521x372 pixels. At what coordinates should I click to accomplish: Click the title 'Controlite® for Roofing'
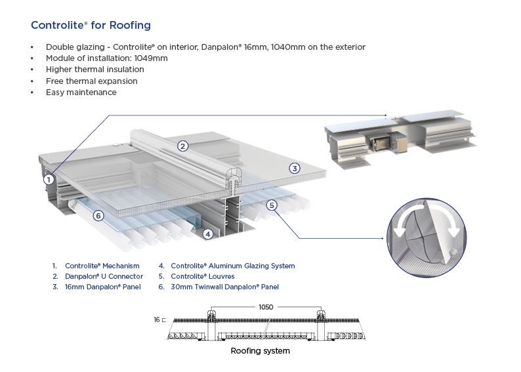click(x=91, y=26)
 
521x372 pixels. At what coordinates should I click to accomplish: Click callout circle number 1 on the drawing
click(x=48, y=178)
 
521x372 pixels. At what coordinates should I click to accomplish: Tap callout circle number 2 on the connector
click(x=183, y=146)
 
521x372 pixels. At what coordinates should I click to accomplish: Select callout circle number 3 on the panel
click(x=295, y=169)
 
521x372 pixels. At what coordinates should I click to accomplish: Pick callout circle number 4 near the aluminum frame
click(x=207, y=233)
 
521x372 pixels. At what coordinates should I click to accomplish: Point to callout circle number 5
click(x=272, y=205)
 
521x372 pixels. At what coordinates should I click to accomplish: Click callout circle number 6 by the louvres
click(x=98, y=215)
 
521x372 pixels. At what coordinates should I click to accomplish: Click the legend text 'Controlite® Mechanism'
click(x=102, y=266)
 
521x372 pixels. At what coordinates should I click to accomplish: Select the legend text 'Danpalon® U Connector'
click(x=104, y=276)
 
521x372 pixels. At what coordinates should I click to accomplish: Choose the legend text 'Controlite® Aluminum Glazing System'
click(x=232, y=266)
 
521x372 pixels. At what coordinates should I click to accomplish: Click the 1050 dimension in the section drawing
click(x=265, y=306)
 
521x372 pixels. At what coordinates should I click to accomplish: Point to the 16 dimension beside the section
click(x=157, y=320)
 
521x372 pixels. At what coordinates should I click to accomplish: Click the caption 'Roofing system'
click(x=260, y=351)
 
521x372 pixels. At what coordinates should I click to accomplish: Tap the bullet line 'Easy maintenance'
click(x=81, y=93)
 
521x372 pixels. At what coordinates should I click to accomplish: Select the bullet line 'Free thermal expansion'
click(x=91, y=81)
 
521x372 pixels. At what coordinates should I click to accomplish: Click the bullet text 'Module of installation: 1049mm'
click(x=106, y=58)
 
